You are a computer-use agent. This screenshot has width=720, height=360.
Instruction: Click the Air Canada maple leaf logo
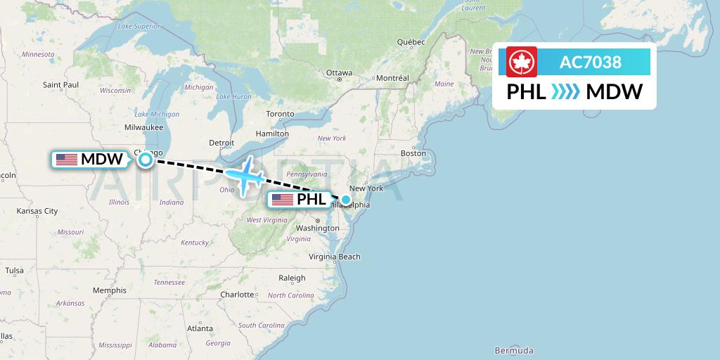coord(522,62)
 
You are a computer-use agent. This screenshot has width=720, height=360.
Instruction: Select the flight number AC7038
coord(590,63)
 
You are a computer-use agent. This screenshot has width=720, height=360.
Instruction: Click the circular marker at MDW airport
coord(145,160)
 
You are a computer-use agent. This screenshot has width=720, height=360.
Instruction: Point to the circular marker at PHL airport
coord(345,200)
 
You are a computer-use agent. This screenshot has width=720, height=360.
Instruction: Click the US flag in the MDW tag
coord(67,160)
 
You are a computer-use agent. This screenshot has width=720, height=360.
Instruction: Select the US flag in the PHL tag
coord(282,200)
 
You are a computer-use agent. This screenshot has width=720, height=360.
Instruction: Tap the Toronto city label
coord(280,114)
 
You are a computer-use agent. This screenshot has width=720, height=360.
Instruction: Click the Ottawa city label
coord(339,72)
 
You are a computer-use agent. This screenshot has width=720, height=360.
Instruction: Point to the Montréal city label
coord(392,78)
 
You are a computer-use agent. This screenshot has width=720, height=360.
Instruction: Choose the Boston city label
coord(413,153)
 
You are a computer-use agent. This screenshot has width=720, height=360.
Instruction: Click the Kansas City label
coord(37,211)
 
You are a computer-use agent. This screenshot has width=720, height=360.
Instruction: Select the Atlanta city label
coord(200,328)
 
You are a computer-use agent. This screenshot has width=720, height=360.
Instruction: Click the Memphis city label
coord(109,290)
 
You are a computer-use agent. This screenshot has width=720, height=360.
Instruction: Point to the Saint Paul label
coord(60,85)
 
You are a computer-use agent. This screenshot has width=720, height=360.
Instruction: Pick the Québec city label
coord(411,42)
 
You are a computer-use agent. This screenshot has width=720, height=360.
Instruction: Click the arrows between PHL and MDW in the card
coord(565,92)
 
